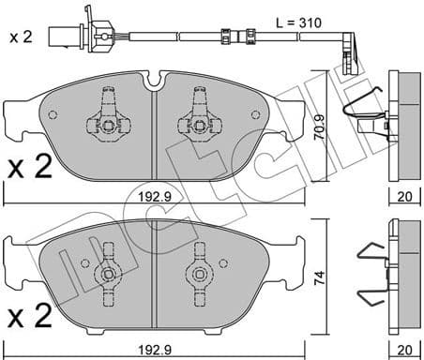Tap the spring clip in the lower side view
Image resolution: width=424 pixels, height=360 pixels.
click(371, 277)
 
